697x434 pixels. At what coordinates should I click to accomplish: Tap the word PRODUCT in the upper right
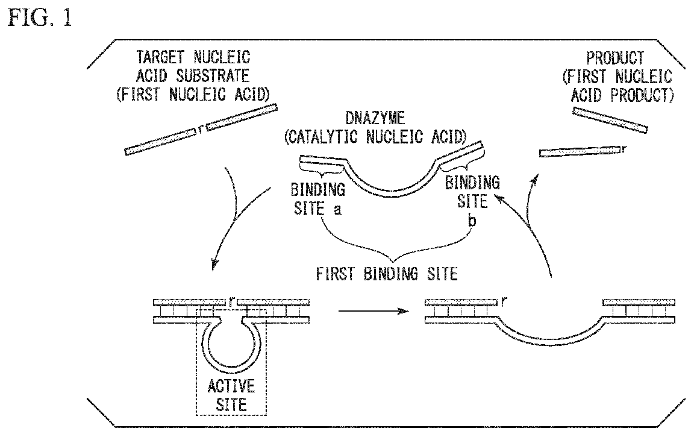[614, 58]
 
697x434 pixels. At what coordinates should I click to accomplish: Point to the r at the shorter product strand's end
[624, 148]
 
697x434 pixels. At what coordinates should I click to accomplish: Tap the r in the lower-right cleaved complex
[502, 298]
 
